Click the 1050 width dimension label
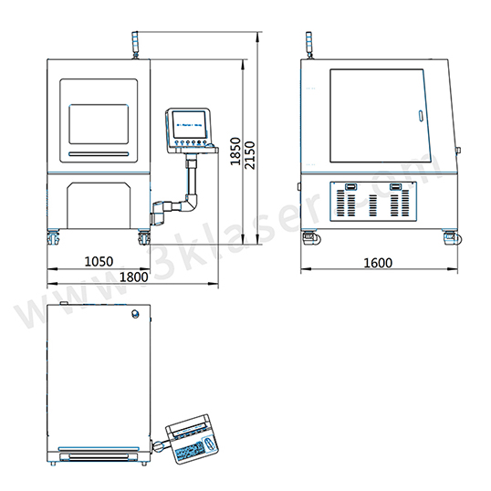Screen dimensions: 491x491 (x=99, y=261)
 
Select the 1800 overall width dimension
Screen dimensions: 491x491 (x=134, y=277)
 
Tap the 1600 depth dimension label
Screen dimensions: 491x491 (x=378, y=263)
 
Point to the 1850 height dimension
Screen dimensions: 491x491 (x=235, y=151)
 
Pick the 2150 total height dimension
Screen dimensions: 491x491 (x=250, y=155)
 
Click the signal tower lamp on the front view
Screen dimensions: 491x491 (x=135, y=44)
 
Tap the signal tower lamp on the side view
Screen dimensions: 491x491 (x=309, y=45)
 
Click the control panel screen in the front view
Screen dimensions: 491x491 (x=190, y=125)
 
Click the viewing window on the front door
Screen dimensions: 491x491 (x=99, y=124)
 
